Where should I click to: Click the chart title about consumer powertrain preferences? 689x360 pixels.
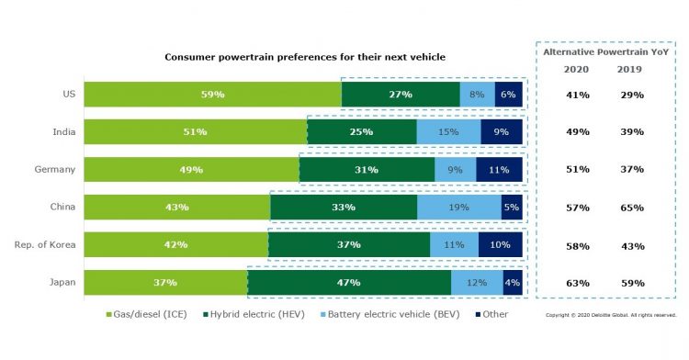[305, 57]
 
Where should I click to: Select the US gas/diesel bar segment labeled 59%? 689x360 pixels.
[213, 95]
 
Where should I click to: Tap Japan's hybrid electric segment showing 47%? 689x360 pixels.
[349, 283]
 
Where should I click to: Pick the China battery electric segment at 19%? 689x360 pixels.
[459, 208]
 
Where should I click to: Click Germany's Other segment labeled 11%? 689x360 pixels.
[499, 170]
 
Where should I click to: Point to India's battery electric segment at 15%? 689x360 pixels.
[448, 132]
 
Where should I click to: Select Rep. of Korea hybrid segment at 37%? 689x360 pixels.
[349, 245]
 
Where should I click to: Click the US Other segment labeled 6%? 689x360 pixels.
[508, 95]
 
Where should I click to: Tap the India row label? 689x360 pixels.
[64, 132]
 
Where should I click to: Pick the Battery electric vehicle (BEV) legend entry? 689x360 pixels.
[375, 315]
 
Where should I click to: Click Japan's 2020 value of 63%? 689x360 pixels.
[576, 283]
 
